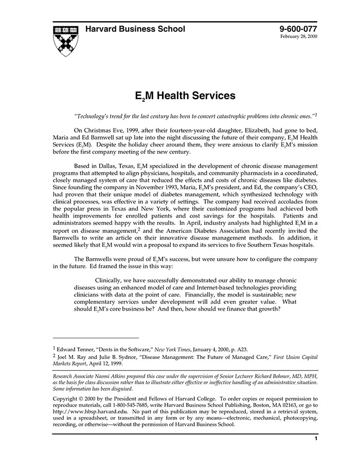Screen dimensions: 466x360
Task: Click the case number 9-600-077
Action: [x=298, y=29]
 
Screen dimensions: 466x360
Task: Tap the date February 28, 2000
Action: [x=299, y=38]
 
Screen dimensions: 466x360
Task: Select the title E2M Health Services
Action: [x=185, y=96]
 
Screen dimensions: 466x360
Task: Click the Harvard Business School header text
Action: [x=135, y=29]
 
